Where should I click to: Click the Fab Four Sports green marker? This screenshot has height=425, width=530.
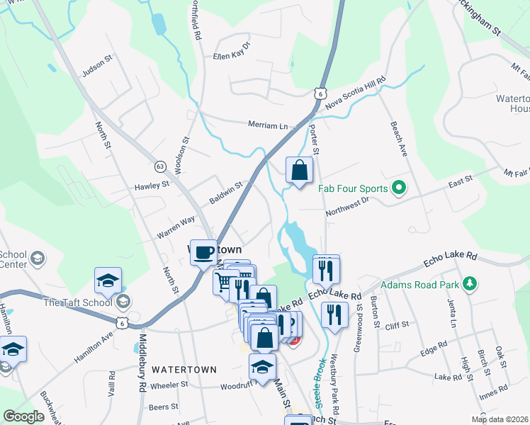(398, 188)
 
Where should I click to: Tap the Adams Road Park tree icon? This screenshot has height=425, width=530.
(468, 285)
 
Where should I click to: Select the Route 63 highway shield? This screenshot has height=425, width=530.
(161, 166)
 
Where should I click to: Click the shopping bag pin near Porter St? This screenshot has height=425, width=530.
(299, 170)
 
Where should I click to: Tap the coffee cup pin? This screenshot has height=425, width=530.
(204, 252)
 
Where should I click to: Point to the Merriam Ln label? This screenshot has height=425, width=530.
(268, 125)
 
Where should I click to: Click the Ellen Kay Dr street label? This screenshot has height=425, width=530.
(232, 55)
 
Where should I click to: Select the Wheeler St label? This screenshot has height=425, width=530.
(169, 385)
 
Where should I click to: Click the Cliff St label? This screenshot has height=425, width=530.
(395, 325)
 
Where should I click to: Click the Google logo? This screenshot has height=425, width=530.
(23, 416)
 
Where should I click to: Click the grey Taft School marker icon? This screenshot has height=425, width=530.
(123, 302)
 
